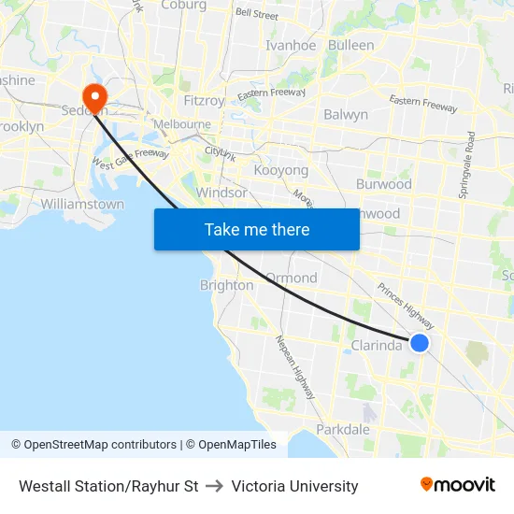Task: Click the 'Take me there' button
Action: (x=257, y=229)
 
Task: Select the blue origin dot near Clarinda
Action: (x=420, y=343)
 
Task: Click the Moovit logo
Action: (x=457, y=485)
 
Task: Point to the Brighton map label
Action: (x=226, y=285)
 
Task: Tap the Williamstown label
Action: (x=82, y=204)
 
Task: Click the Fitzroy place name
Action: (x=205, y=100)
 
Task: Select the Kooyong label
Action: (x=281, y=171)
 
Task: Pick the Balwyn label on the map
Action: (x=346, y=115)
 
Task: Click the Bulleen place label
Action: (x=351, y=45)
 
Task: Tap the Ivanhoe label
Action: (x=291, y=45)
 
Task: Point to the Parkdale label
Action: (x=343, y=430)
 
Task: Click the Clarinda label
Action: (x=377, y=346)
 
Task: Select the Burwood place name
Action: (x=384, y=184)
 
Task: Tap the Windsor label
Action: (x=221, y=193)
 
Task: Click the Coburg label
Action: (x=183, y=5)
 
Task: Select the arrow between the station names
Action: (x=215, y=486)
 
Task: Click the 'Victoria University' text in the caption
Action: (x=294, y=486)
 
